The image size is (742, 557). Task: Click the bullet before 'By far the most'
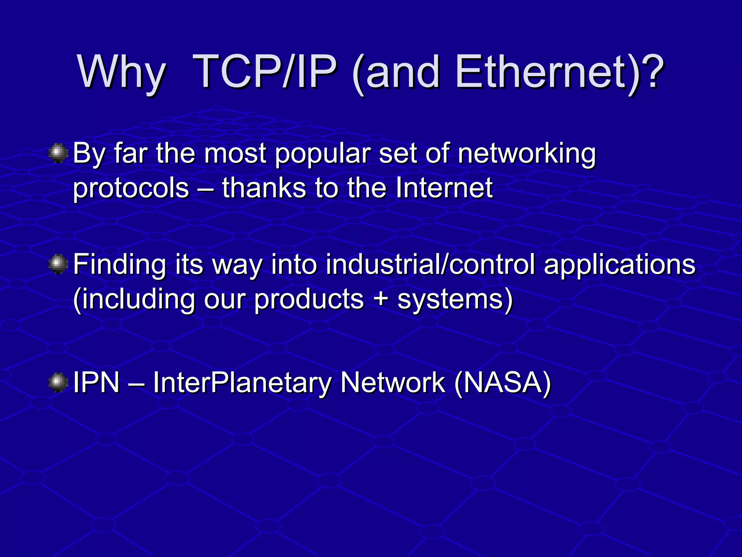pyautogui.click(x=58, y=154)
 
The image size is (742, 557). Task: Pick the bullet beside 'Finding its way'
pyautogui.click(x=58, y=265)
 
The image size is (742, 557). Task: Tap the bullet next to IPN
pyautogui.click(x=58, y=383)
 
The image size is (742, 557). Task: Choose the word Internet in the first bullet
pyautogui.click(x=444, y=188)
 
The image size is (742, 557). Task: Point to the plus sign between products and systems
pyautogui.click(x=380, y=300)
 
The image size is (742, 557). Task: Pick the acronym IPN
pyautogui.click(x=96, y=383)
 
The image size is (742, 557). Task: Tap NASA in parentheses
pyautogui.click(x=502, y=383)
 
